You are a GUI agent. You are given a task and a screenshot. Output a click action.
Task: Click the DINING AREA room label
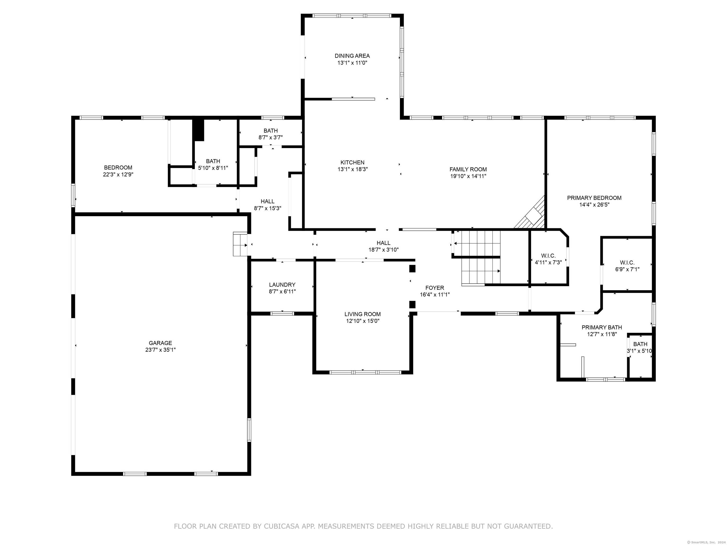tap(352, 56)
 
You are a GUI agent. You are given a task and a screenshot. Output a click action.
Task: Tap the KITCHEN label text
tap(352, 162)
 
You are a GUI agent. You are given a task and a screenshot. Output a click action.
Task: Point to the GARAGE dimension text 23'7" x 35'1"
tap(160, 350)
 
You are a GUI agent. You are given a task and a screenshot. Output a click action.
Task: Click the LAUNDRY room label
tap(282, 285)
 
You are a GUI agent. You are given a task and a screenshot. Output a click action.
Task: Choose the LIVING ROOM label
tap(363, 314)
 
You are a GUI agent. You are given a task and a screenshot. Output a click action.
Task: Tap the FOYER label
tap(434, 288)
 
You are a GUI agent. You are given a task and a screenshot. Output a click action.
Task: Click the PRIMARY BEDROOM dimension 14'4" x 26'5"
tap(594, 205)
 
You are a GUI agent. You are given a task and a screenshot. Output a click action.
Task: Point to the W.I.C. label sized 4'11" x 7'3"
tap(548, 255)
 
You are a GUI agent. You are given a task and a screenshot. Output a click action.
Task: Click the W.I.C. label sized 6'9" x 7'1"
tap(627, 263)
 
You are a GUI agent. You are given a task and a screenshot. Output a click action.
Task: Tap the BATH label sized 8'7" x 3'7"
tap(270, 131)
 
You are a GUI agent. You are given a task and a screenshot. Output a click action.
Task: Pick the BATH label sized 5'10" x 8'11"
tap(213, 161)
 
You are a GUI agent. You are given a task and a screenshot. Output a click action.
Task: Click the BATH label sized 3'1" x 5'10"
tap(640, 344)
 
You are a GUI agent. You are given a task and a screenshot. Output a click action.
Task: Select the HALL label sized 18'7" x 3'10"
tap(384, 243)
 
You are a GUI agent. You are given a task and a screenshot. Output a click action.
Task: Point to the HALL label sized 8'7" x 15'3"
tap(267, 201)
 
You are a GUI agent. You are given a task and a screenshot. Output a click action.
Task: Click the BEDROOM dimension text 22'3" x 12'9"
tap(118, 174)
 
